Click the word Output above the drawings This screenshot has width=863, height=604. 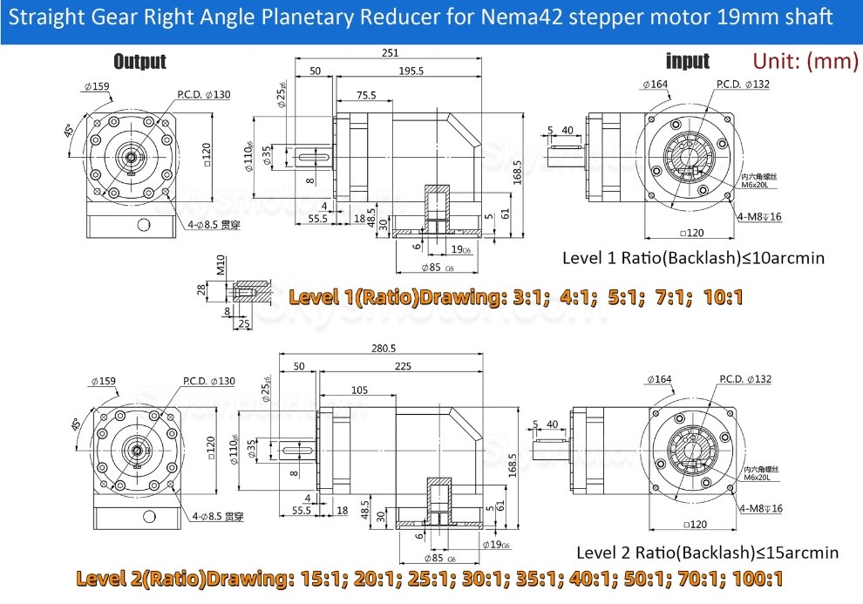coord(139,61)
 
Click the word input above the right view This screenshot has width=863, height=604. coord(688,61)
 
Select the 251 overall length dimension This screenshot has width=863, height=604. coord(391,53)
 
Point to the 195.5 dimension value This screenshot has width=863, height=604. coord(410,71)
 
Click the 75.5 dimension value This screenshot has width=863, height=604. coord(366,95)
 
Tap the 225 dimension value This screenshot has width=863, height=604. coord(403,367)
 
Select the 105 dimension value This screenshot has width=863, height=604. coord(358,390)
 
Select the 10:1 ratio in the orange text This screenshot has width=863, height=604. coord(720,297)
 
